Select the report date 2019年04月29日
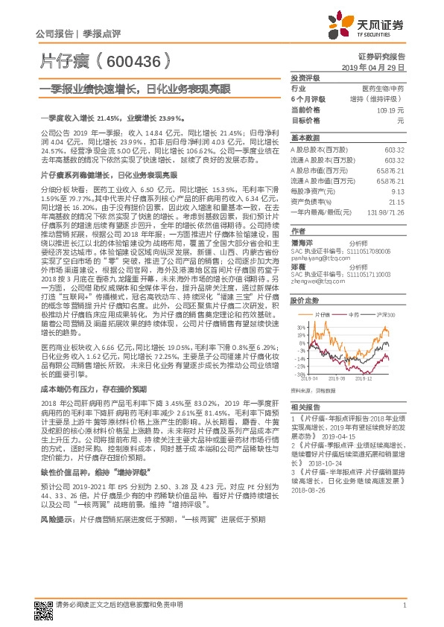pos(378,67)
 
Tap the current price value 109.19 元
pos(393,109)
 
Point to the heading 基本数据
pos(304,139)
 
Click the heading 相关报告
pos(304,429)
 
